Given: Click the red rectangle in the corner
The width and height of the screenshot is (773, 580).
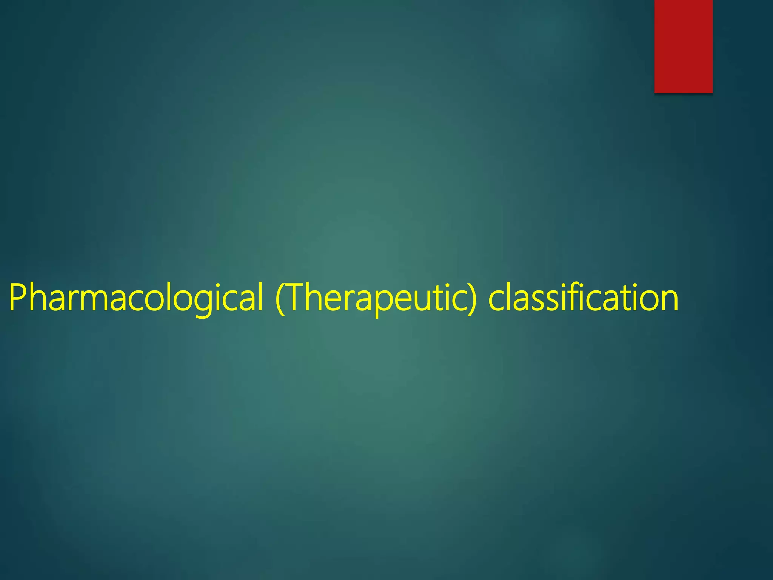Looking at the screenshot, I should [683, 46].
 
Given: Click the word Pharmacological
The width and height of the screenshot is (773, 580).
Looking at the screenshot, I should [136, 298].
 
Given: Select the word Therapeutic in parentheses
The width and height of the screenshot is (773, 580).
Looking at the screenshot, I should [376, 298].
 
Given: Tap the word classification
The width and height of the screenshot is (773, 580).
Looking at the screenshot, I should [583, 298].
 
